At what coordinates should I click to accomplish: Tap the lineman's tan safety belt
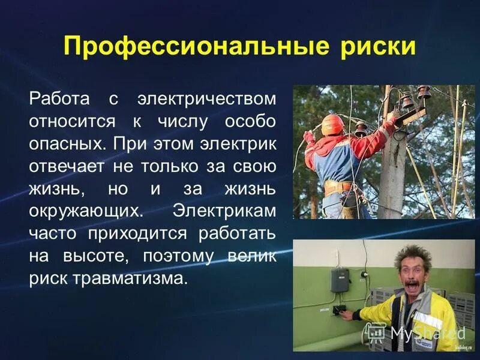[x=340, y=185]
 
